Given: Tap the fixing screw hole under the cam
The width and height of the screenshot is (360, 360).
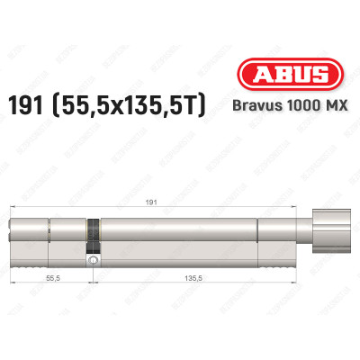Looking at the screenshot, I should click(x=93, y=261).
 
